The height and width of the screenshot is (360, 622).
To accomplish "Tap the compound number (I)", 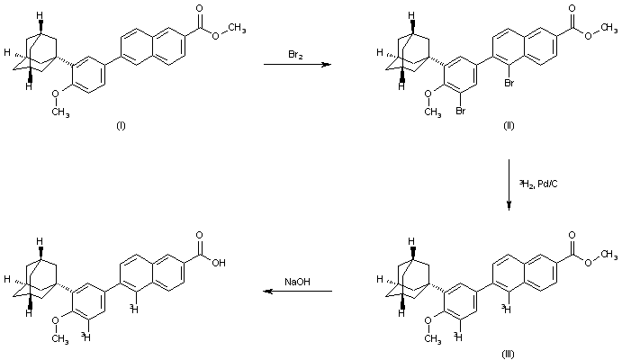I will coord(121,125).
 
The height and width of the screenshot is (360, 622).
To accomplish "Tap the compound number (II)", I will coord(509,125).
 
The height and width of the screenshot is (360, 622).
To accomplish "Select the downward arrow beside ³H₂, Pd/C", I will coord(509,185).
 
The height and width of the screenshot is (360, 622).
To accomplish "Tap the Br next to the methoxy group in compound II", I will coord(459,113).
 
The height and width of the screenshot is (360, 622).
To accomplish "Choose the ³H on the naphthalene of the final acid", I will coord(132,309).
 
